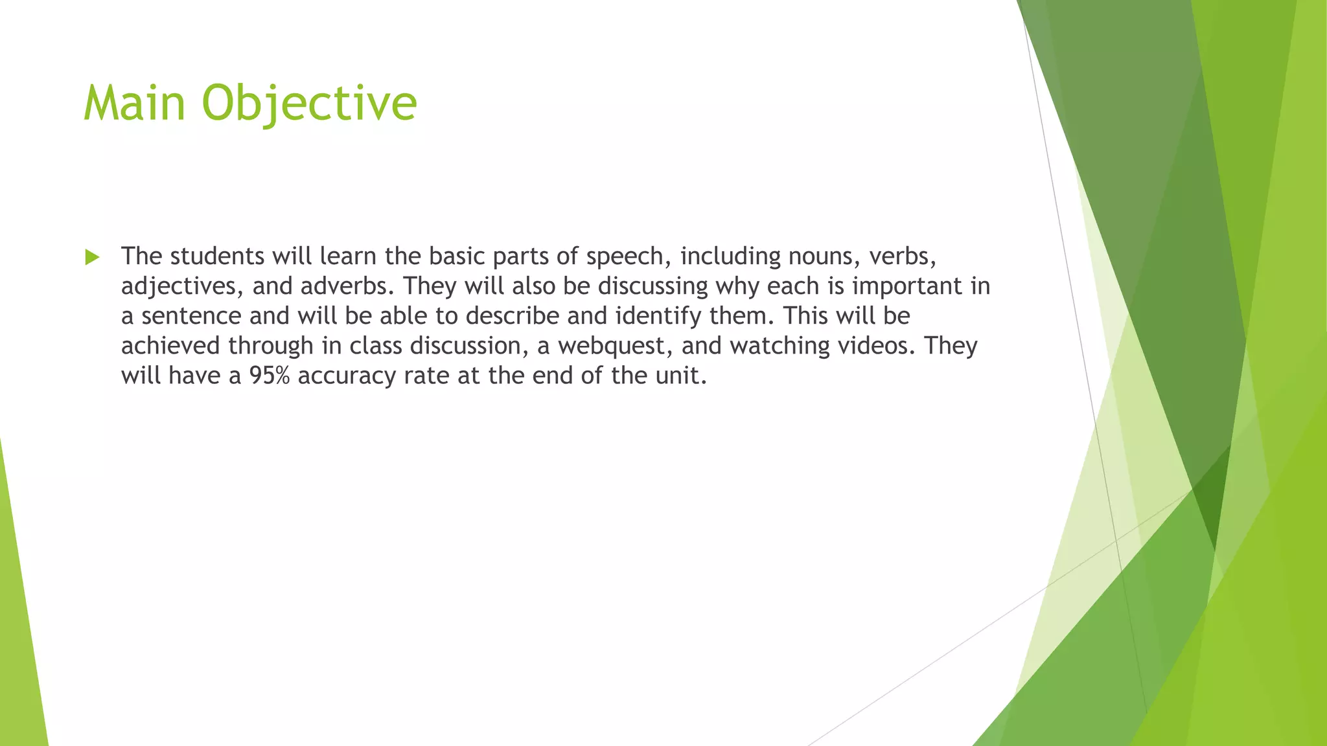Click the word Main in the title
point(135,103)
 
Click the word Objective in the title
point(309,103)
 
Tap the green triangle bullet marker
point(92,258)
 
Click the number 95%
point(269,376)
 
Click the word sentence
point(191,316)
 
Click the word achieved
point(171,346)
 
